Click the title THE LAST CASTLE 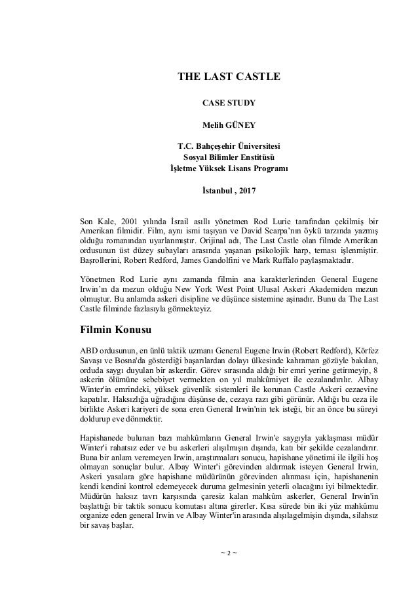tap(229, 77)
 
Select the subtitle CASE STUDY tap(229, 102)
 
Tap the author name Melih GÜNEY tap(229, 123)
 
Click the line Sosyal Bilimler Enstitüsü tap(229, 157)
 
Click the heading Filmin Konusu tap(115, 328)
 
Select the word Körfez tap(366, 348)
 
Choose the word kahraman tap(311, 359)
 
